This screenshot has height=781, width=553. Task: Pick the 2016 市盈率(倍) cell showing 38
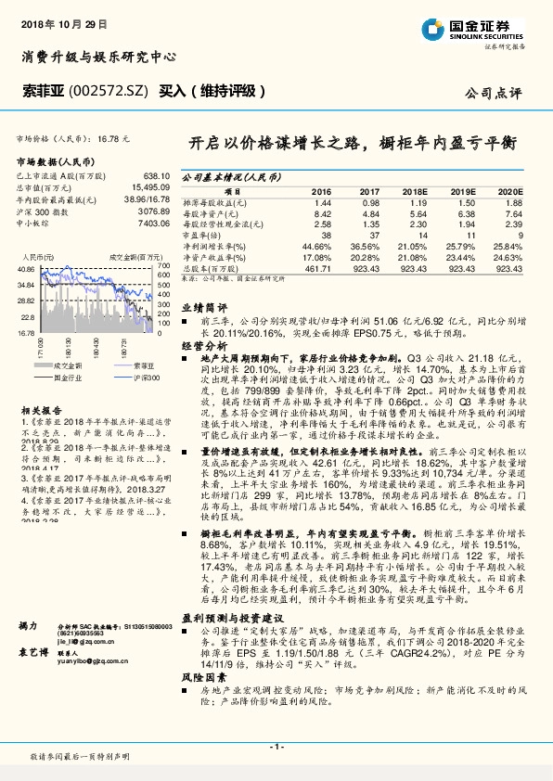coord(325,236)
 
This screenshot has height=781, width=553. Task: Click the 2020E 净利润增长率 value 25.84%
coord(505,247)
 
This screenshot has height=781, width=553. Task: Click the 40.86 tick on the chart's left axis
coord(26,268)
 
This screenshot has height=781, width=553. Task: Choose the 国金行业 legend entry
coord(70,378)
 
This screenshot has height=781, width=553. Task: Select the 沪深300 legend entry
coord(147,378)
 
